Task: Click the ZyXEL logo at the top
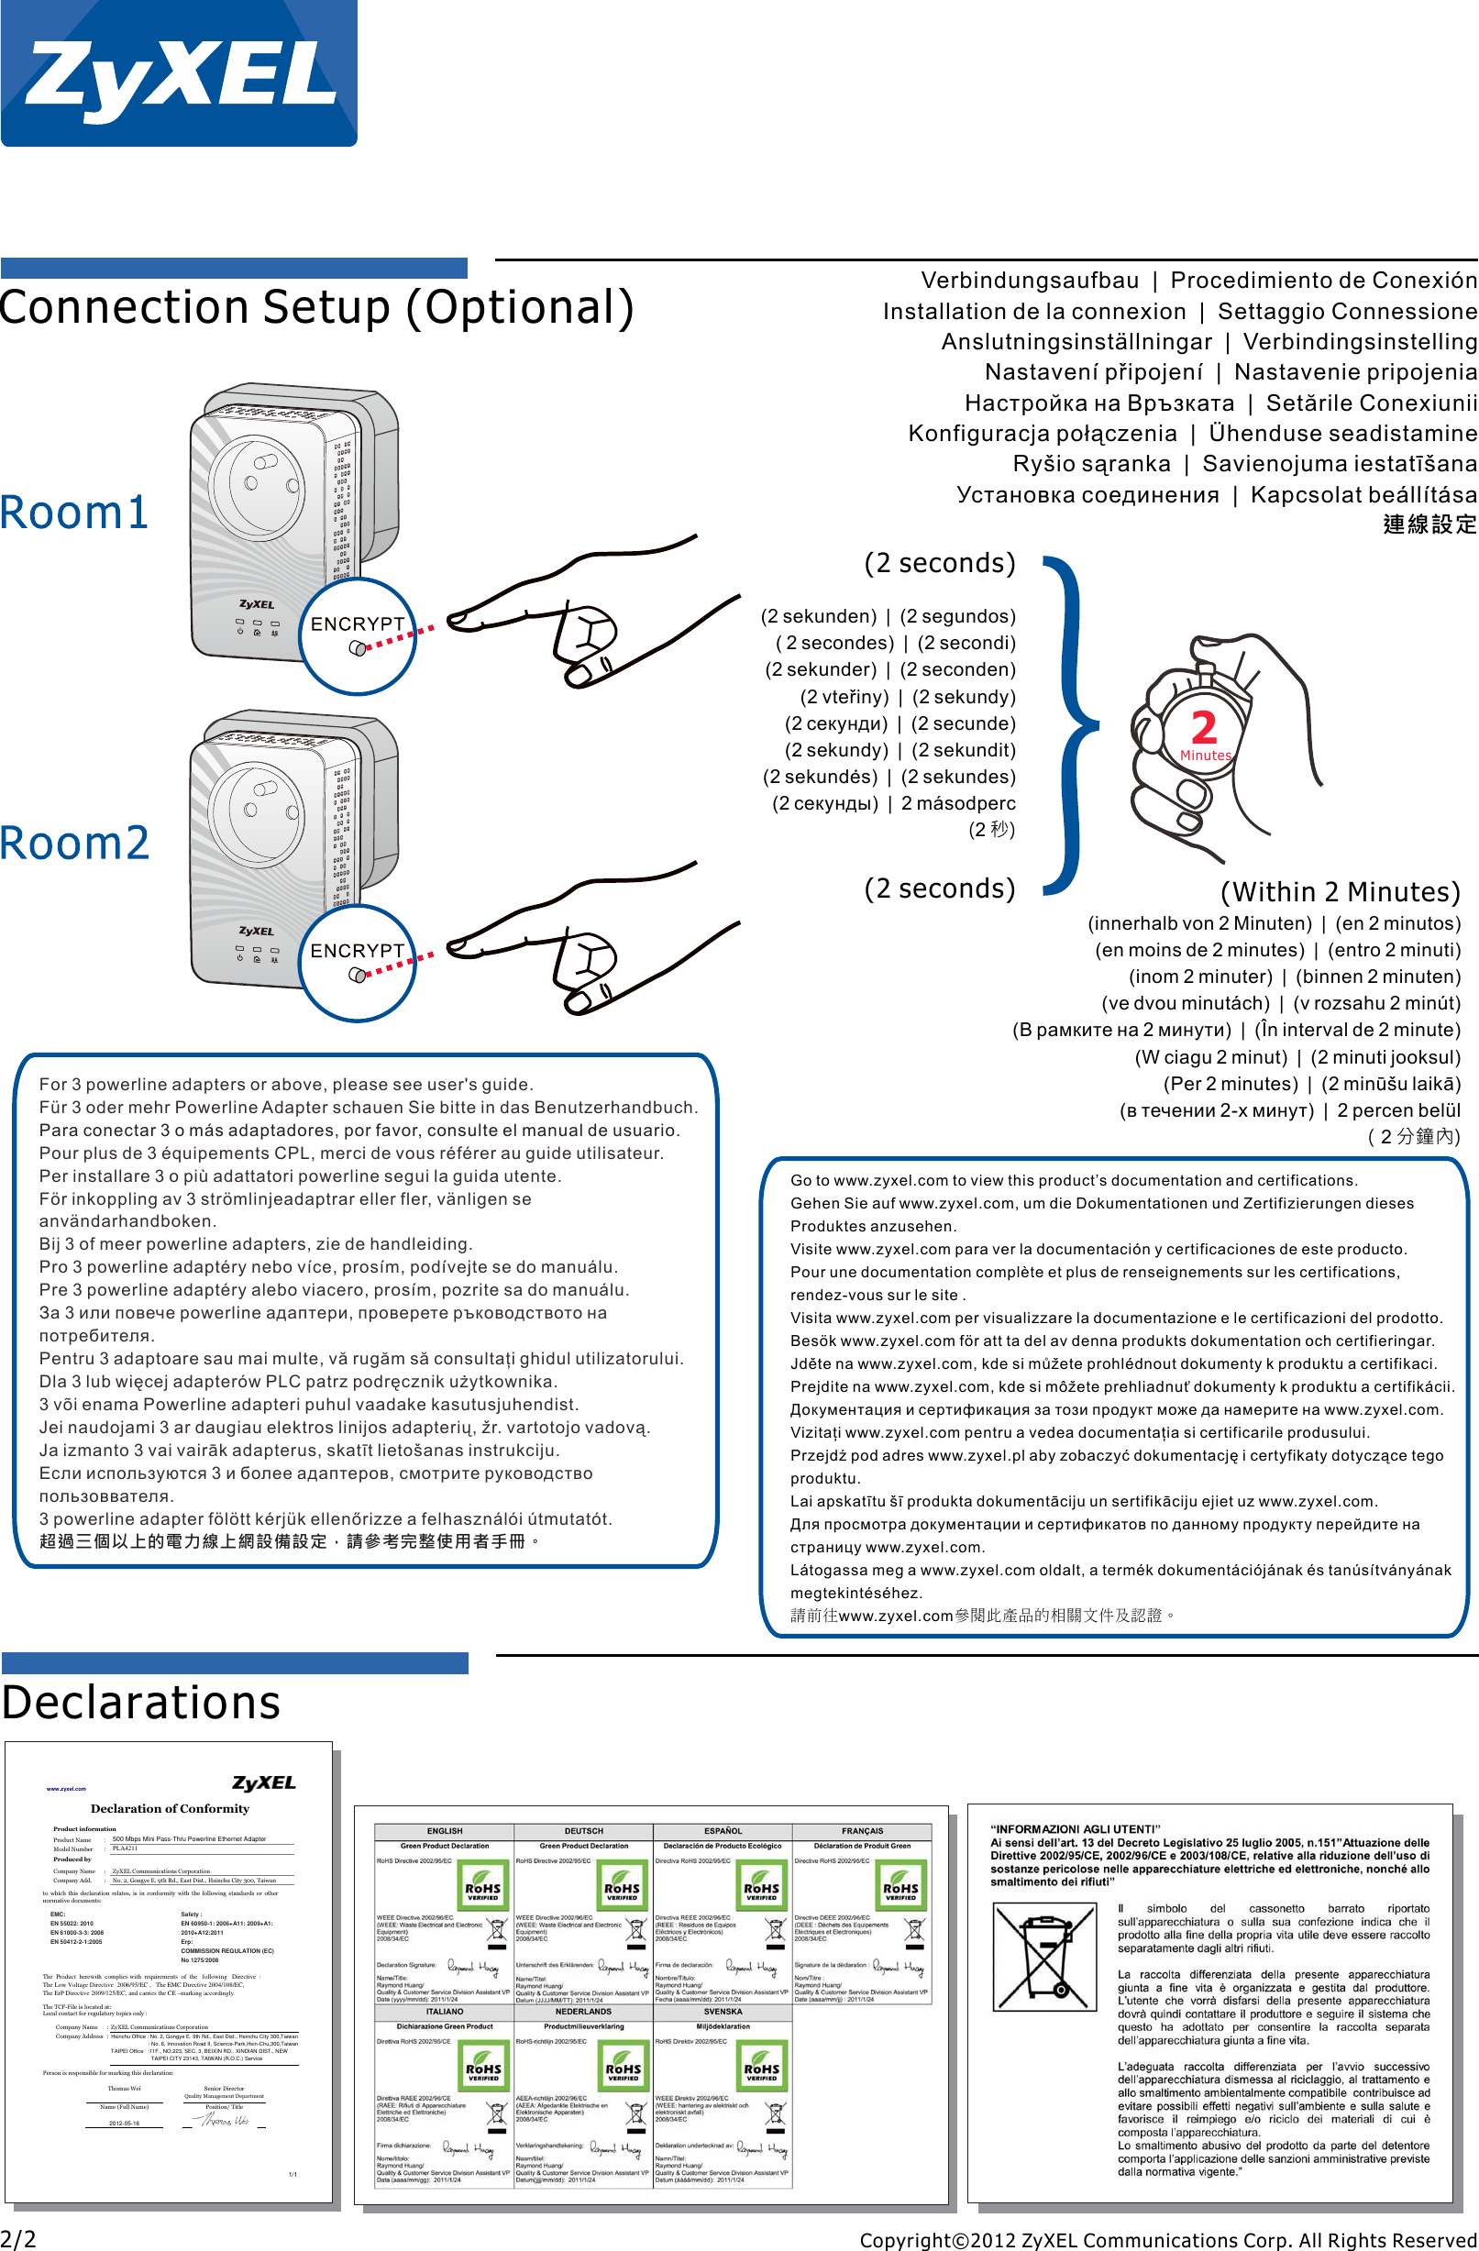[x=179, y=72]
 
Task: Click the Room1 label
[x=73, y=513]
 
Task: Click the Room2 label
[x=74, y=843]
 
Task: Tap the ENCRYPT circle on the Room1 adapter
[x=358, y=635]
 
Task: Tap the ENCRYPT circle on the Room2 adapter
[x=358, y=963]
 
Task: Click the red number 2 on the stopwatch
[x=1203, y=728]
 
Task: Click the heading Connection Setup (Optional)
[x=316, y=307]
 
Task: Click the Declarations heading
[x=141, y=1703]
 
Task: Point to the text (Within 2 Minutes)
[x=1340, y=892]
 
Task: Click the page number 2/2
[x=19, y=2239]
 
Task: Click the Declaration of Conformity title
[x=171, y=1808]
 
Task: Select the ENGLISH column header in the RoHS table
[x=445, y=1831]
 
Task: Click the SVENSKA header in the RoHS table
[x=723, y=2012]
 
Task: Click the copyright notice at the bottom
[x=1168, y=2240]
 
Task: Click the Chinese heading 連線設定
[x=1429, y=524]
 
